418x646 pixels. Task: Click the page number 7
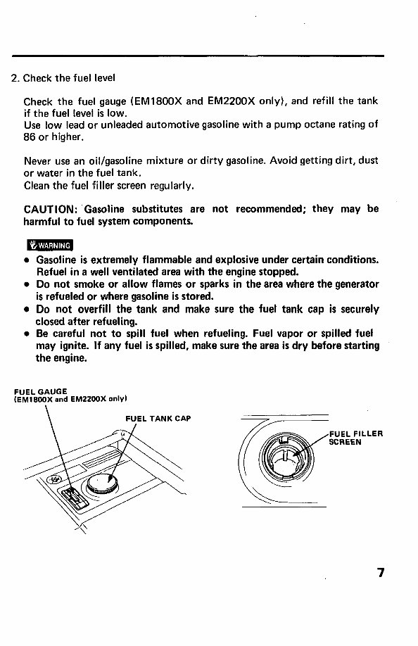(381, 572)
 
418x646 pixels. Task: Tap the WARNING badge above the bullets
(50, 245)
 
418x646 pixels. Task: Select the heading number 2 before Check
(14, 78)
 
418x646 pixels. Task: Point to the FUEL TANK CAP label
(158, 419)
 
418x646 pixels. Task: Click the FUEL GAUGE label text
(40, 391)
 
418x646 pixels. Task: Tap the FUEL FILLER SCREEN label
(356, 438)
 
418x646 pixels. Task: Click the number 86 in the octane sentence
(30, 137)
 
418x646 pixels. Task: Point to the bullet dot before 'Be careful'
(26, 334)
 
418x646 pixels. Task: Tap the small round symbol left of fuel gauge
(53, 479)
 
